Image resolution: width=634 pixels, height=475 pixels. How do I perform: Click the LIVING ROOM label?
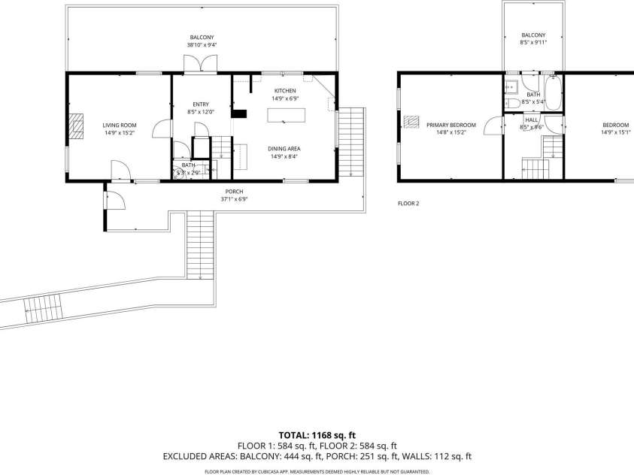[119, 125]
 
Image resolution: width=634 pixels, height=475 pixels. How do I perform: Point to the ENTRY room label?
[201, 104]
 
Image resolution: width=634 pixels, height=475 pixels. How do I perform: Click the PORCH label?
[234, 192]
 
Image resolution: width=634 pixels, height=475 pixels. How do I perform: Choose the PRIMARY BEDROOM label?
[451, 125]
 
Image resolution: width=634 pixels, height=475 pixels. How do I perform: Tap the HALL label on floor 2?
[531, 120]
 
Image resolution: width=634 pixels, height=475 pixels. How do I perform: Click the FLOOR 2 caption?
[408, 203]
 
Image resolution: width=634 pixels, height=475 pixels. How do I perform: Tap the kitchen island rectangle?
[287, 115]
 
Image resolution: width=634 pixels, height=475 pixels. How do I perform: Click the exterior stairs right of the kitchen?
[350, 142]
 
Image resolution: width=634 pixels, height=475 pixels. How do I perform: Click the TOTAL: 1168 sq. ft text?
[317, 435]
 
